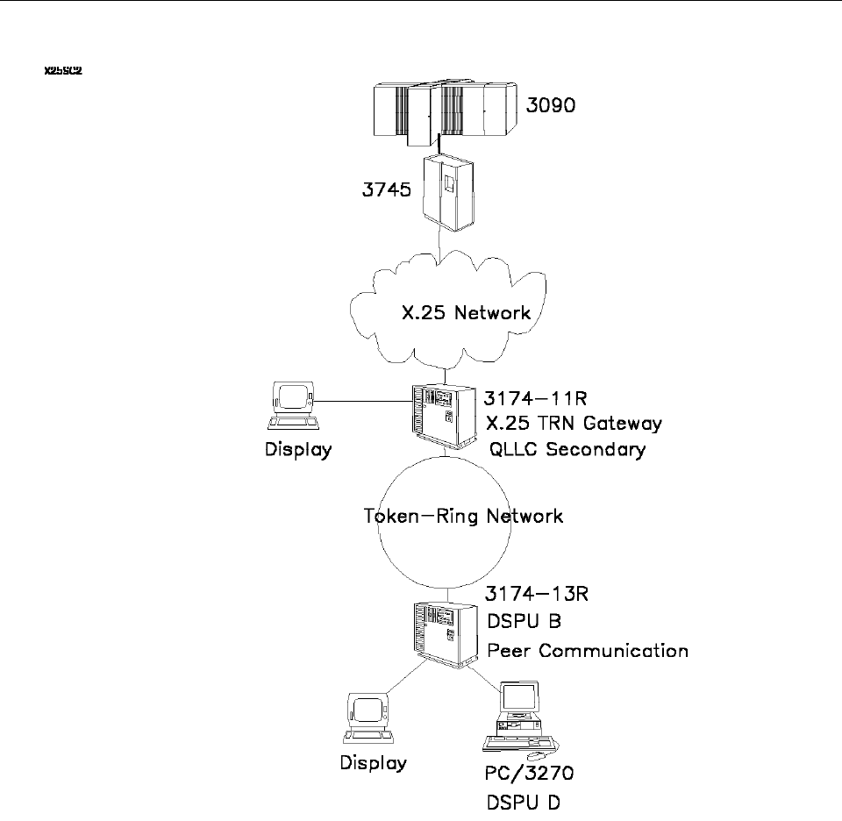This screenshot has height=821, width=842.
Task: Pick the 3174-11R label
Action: (539, 397)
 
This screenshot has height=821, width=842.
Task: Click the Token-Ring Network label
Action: (463, 516)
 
